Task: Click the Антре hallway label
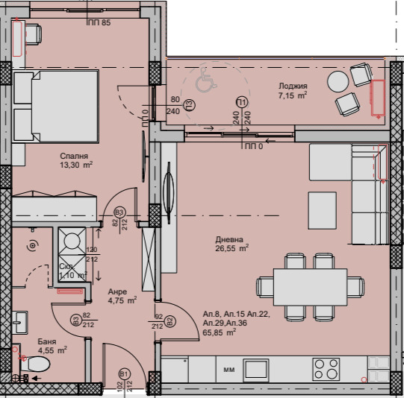pyautogui.click(x=118, y=291)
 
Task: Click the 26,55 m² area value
pyautogui.click(x=232, y=249)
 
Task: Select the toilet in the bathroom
pyautogui.click(x=37, y=364)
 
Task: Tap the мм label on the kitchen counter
pyautogui.click(x=229, y=369)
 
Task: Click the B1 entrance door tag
pyautogui.click(x=124, y=373)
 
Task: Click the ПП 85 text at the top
pyautogui.click(x=98, y=22)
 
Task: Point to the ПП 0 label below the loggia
pyautogui.click(x=255, y=147)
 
